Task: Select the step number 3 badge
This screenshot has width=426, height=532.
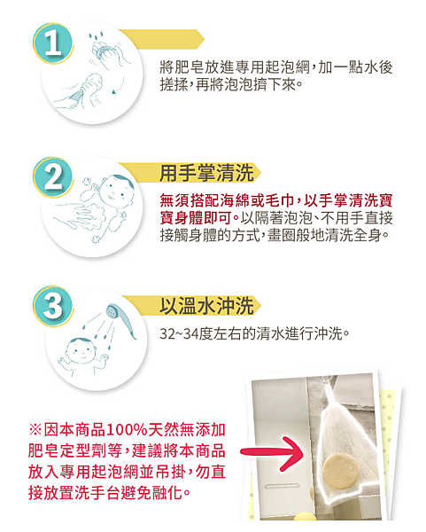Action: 53,306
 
